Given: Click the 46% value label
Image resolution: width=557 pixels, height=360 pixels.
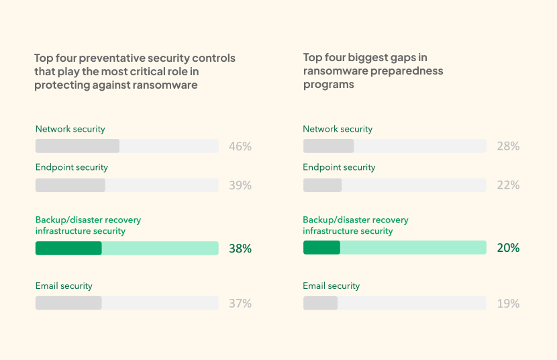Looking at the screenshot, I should click(x=240, y=146).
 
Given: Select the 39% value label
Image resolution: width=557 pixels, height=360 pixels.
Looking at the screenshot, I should click(x=240, y=185).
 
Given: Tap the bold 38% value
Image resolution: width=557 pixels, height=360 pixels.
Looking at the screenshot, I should click(x=240, y=249).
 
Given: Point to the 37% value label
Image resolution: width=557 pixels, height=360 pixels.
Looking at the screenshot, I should click(x=240, y=304).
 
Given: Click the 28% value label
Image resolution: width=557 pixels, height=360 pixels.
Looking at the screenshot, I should click(x=508, y=146).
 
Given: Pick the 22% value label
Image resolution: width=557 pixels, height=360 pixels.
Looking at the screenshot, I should click(x=508, y=185).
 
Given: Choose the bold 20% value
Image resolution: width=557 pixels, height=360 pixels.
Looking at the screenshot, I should click(x=508, y=249).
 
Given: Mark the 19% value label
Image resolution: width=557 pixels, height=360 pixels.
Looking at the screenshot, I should click(x=508, y=304).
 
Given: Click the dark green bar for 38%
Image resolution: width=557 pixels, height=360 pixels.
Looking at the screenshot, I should click(x=68, y=249).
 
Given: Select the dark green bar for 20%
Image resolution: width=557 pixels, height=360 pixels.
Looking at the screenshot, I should click(x=321, y=248).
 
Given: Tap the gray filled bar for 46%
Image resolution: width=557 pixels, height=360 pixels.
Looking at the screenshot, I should click(x=77, y=146).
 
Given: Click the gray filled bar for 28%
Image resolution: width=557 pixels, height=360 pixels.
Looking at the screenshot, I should click(x=328, y=146).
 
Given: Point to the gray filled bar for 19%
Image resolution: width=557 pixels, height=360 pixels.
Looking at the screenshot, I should click(x=320, y=303).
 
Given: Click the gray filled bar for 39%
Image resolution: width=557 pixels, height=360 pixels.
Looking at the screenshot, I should click(x=70, y=185).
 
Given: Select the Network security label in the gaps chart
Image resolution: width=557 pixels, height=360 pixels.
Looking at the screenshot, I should click(x=338, y=129).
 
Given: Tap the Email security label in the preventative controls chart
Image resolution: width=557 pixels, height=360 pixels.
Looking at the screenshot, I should click(x=64, y=286).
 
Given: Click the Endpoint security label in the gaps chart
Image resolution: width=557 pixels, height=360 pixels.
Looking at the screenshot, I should click(x=339, y=167).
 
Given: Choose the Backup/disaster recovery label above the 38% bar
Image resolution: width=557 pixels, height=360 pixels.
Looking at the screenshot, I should click(x=88, y=220).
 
